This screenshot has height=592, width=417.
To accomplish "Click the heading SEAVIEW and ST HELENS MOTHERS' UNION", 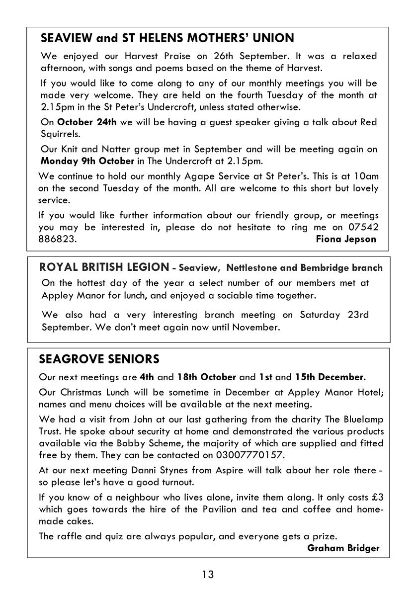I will click(x=167, y=38).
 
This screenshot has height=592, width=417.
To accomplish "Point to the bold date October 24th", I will click(x=87, y=123).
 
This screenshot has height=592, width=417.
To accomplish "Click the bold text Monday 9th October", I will click(x=87, y=161).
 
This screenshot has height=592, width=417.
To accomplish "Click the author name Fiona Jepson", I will click(x=346, y=239).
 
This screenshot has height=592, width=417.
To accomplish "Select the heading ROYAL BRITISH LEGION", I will click(x=104, y=267).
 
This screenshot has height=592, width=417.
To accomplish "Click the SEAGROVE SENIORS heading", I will click(x=99, y=359).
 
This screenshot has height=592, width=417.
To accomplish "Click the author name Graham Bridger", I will click(x=343, y=548).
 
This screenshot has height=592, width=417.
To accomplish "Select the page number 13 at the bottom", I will click(x=208, y=575).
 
